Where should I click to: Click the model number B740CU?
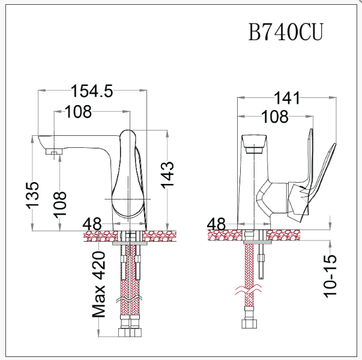(285, 33)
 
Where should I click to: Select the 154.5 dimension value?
(92, 91)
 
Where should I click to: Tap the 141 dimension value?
(289, 98)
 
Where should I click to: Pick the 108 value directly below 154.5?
(78, 111)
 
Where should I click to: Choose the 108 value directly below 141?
(275, 117)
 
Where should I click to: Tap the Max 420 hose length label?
(100, 284)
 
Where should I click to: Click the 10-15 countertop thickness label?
(331, 275)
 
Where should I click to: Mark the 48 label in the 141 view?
(216, 224)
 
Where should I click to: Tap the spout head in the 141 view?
(253, 144)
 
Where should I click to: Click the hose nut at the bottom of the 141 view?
(249, 325)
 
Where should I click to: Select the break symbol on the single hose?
(248, 293)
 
